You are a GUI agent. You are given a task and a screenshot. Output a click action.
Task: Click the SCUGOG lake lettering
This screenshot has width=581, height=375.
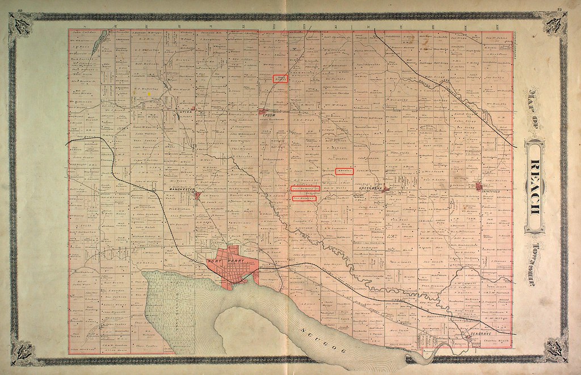[322, 340]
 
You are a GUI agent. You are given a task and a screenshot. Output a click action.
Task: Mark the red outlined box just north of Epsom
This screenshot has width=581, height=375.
[280, 78]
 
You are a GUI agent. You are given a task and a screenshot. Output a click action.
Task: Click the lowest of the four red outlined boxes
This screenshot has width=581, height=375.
[303, 199]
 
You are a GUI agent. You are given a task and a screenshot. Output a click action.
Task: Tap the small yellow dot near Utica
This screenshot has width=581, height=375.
[149, 94]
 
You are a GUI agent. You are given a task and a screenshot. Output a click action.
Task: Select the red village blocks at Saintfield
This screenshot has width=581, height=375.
[479, 186]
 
